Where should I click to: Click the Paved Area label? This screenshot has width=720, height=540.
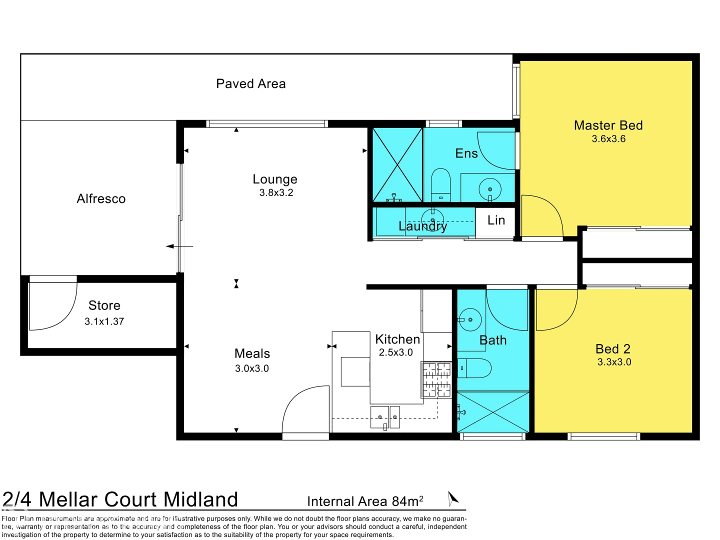[x=250, y=84]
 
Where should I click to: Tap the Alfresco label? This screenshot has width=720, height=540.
[x=101, y=199]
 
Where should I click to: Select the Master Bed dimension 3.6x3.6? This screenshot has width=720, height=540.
[x=608, y=139]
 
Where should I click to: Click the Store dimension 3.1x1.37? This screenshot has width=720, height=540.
[x=104, y=321]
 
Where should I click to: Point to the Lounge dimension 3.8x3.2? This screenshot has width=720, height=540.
[x=276, y=192]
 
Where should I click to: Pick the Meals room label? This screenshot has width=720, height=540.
[x=252, y=353]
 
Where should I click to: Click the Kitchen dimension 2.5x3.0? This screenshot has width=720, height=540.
[x=395, y=352]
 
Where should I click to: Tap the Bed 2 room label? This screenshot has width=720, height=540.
[x=612, y=348]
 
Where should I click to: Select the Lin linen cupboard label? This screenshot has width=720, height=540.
[x=496, y=220]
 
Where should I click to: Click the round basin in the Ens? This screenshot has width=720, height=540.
[x=490, y=189]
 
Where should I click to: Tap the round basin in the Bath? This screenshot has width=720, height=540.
[x=470, y=319]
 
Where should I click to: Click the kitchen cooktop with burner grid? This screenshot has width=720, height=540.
[x=436, y=379]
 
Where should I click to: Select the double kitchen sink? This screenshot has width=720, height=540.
[x=385, y=417]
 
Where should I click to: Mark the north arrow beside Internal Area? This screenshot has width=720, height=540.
[x=452, y=498]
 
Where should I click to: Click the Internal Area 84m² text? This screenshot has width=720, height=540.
[x=365, y=501]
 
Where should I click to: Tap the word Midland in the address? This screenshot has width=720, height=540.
[x=200, y=499]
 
